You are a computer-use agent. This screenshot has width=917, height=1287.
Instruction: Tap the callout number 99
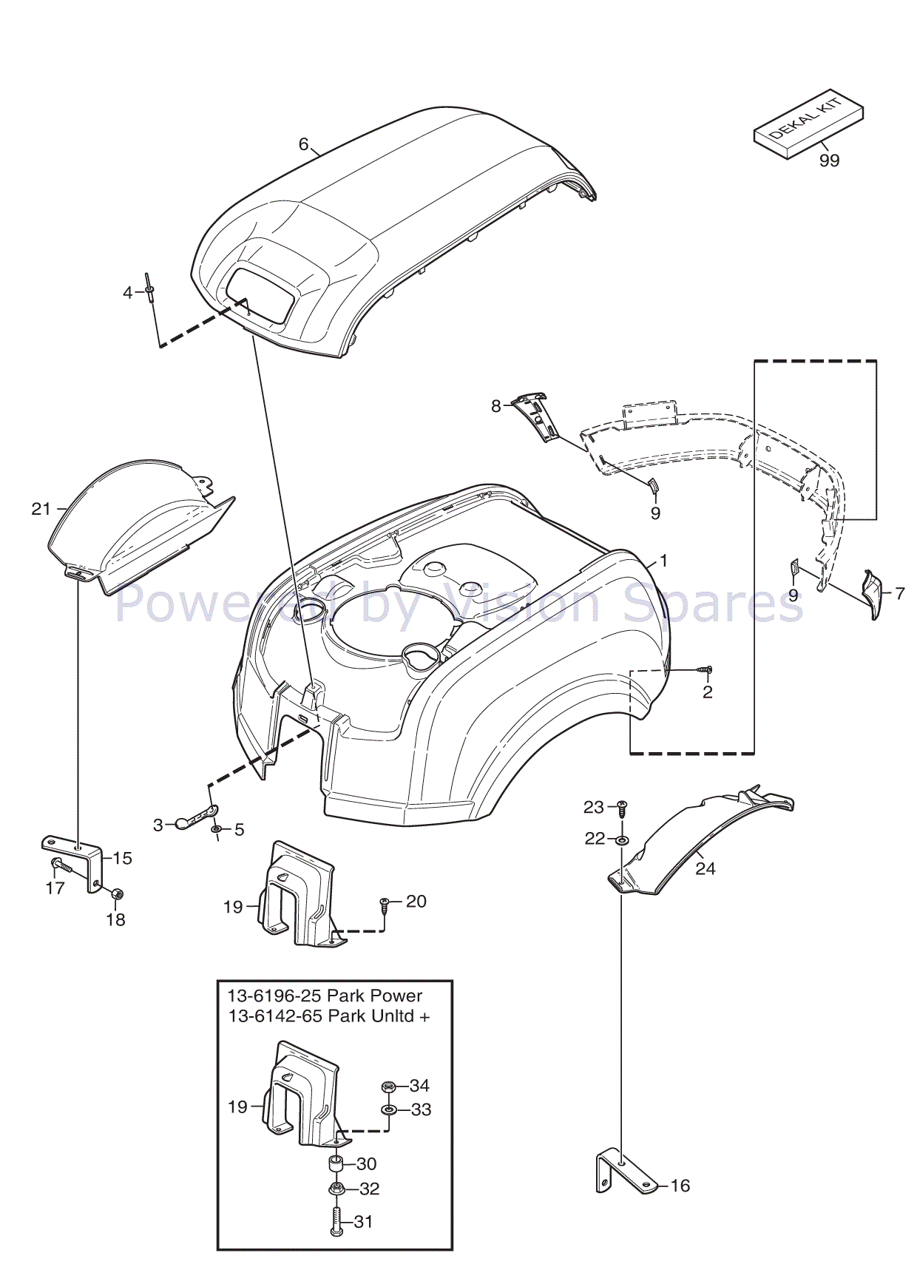point(829,161)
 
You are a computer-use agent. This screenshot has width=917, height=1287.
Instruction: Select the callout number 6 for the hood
point(303,144)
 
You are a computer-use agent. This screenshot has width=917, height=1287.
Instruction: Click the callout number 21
point(41,509)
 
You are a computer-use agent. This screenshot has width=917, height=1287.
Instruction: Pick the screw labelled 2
point(705,669)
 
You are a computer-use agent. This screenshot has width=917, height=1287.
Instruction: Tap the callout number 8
point(496,406)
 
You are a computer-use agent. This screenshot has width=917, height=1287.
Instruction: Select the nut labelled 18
point(116,894)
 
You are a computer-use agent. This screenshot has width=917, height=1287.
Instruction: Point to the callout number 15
point(123,858)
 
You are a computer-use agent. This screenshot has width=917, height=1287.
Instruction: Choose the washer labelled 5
point(216,830)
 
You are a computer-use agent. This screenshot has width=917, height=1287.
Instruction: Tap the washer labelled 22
point(622,840)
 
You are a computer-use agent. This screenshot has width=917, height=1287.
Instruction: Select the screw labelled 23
point(622,808)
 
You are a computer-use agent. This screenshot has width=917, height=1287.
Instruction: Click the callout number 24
point(705,868)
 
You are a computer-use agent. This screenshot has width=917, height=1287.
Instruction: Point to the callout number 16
point(680,1186)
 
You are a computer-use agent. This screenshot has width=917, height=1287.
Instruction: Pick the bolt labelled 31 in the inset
point(336,1221)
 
